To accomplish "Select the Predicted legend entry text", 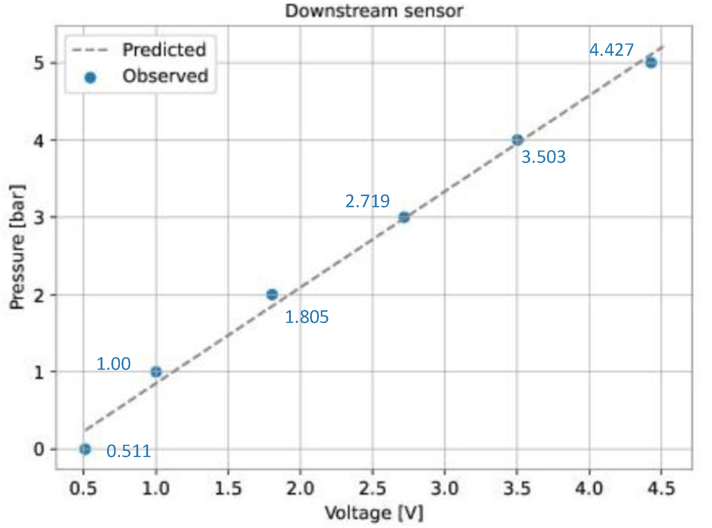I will click(x=164, y=50).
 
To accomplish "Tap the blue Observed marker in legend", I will click(x=90, y=77).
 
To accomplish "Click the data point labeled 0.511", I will click(x=85, y=449).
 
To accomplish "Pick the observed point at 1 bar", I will click(x=156, y=372).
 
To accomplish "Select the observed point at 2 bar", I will click(x=272, y=294).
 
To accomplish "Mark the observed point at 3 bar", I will click(x=404, y=217).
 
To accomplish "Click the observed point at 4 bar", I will click(x=517, y=140).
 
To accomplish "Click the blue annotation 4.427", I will click(x=611, y=50).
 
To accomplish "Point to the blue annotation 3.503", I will click(x=543, y=157).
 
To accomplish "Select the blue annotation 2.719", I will click(x=367, y=201).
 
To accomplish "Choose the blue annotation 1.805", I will click(x=306, y=317).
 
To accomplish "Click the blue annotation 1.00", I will click(x=114, y=364).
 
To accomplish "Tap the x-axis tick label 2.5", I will click(x=372, y=488).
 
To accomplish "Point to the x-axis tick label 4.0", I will click(x=589, y=488).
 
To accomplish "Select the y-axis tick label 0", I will click(x=39, y=449).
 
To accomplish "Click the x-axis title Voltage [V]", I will click(x=374, y=513).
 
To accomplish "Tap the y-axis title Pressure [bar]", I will click(x=17, y=247).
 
